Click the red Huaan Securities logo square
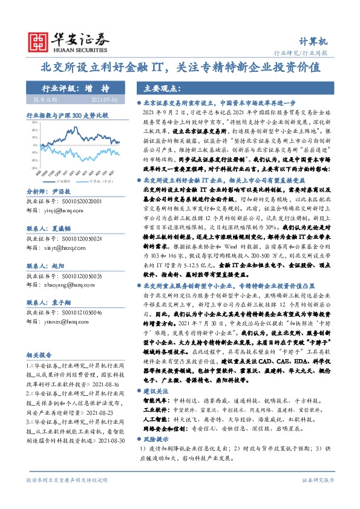point(38,40)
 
